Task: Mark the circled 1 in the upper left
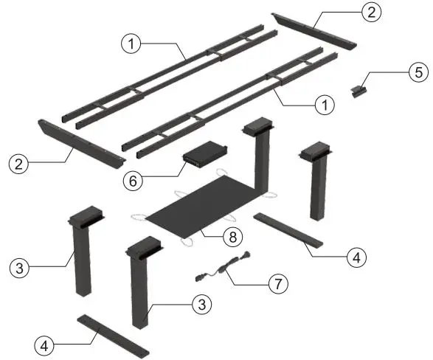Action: click(x=130, y=44)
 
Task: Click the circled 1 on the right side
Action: click(x=321, y=105)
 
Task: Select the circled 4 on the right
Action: click(x=356, y=258)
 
